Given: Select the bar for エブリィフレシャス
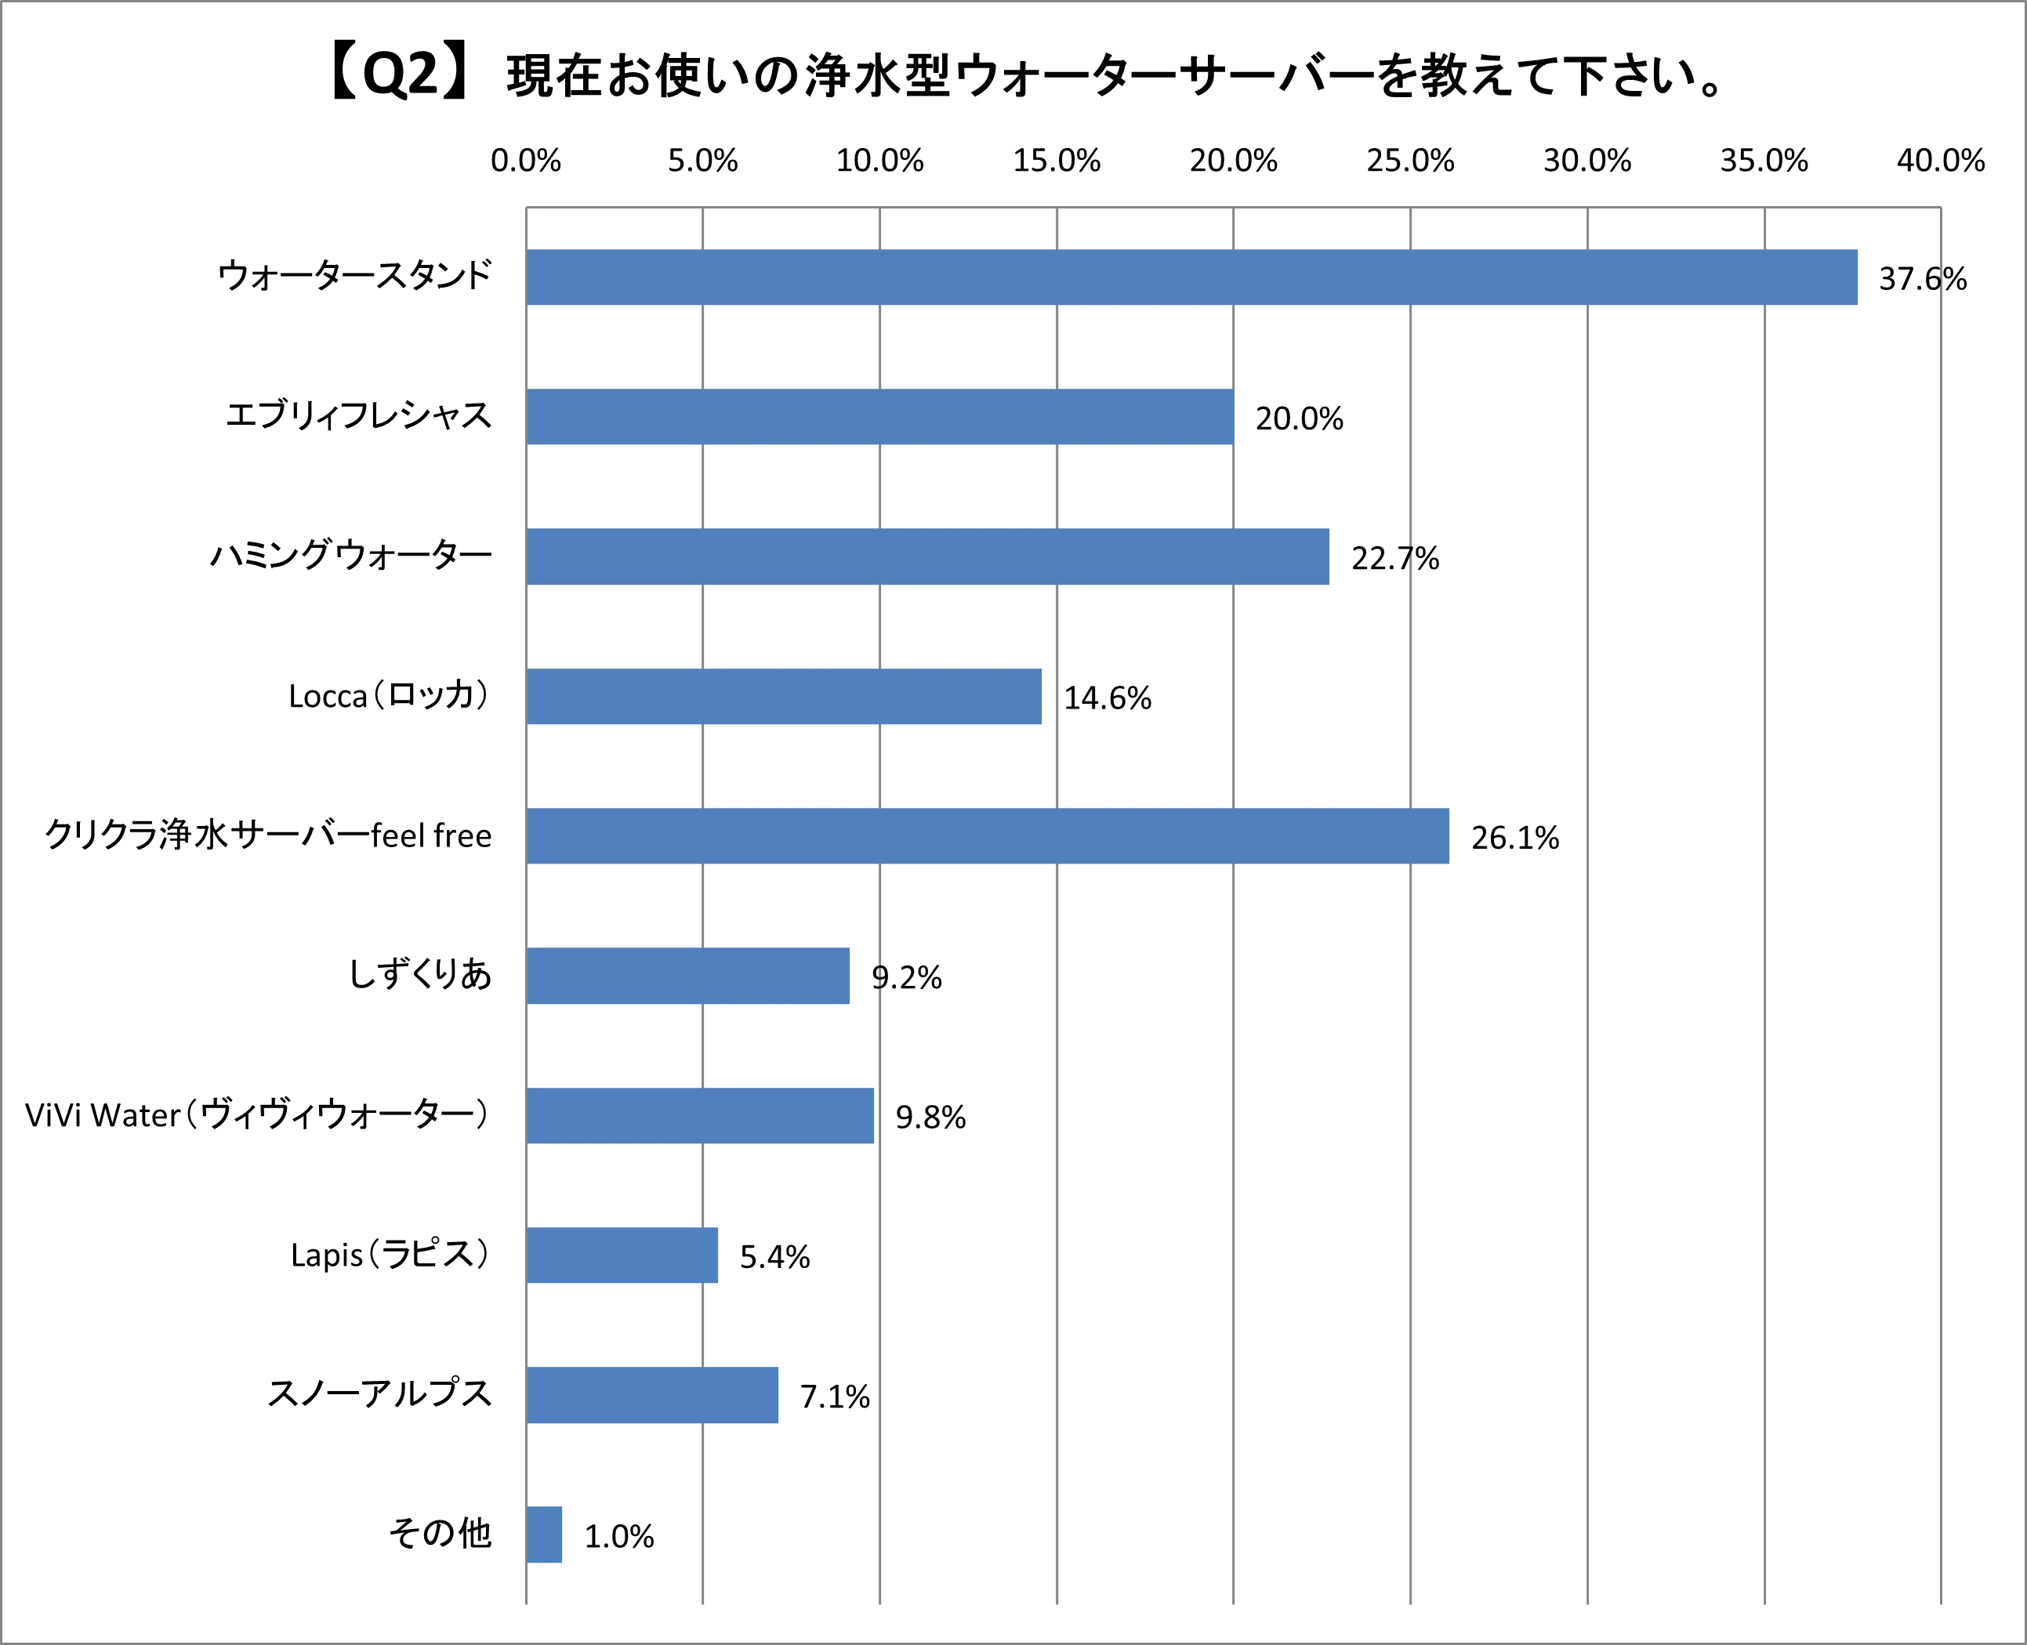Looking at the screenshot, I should (x=879, y=416).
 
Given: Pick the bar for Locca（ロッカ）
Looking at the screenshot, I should (x=783, y=697).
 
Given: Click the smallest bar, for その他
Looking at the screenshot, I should (x=544, y=1534).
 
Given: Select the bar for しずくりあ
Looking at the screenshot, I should (x=687, y=975).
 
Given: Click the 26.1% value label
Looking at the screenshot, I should (x=1514, y=838).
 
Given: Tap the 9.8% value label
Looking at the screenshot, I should (x=930, y=1118).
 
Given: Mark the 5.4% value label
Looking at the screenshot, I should (x=774, y=1256).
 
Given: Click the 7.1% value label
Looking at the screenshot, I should (x=834, y=1397).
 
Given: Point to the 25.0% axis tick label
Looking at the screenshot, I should (x=1409, y=161).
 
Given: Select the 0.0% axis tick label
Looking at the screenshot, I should (x=526, y=161).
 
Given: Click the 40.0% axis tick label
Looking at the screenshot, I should (x=1940, y=161).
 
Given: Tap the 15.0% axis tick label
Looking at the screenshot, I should (x=1056, y=161).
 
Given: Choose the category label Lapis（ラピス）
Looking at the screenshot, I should (x=390, y=1255).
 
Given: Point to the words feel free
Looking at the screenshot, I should (x=431, y=835).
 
